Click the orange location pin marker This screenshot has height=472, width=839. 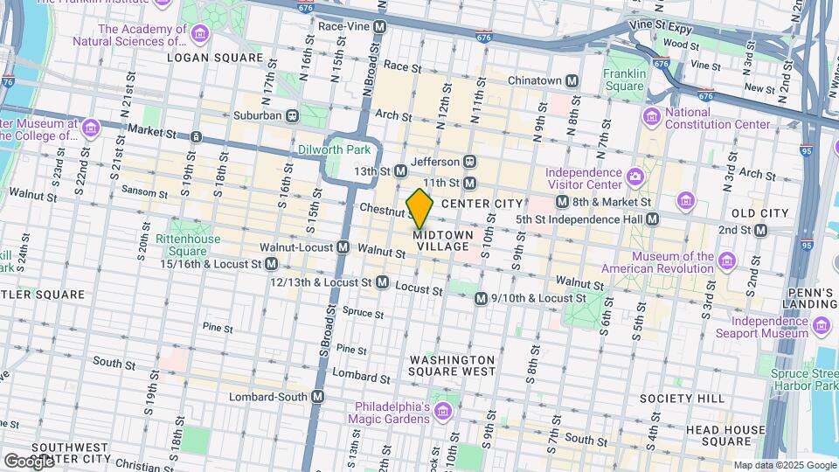(x=419, y=208)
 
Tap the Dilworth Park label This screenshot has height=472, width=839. (x=358, y=149)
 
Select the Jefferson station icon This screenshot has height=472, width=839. (x=469, y=162)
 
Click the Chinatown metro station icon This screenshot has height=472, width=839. (x=572, y=81)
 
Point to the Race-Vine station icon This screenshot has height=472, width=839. (x=379, y=27)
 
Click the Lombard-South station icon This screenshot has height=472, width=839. (x=318, y=397)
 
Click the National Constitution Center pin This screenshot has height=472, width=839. (x=650, y=116)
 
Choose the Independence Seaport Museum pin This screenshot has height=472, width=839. (x=821, y=327)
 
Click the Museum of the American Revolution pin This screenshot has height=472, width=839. (x=725, y=261)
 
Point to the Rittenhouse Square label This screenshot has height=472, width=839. (x=182, y=245)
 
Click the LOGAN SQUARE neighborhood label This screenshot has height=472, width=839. (x=214, y=58)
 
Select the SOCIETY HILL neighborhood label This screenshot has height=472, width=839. (x=694, y=399)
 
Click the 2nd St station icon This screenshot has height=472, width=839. (x=760, y=231)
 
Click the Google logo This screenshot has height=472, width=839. (x=29, y=461)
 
